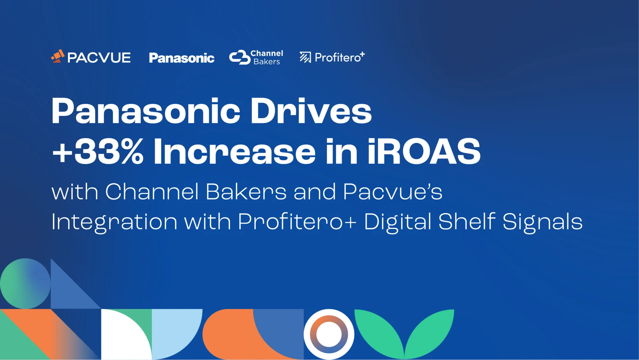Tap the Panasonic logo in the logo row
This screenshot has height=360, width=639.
click(182, 58)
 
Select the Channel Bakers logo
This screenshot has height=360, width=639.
click(256, 57)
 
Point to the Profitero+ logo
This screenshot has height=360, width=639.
click(332, 57)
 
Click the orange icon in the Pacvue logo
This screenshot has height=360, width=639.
click(58, 56)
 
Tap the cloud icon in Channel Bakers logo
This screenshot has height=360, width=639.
click(240, 57)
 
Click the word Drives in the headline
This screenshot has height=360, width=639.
click(311, 111)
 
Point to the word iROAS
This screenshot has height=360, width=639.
click(424, 151)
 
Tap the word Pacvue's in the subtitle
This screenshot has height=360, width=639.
click(393, 192)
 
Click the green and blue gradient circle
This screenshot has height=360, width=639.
click(25, 283)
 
